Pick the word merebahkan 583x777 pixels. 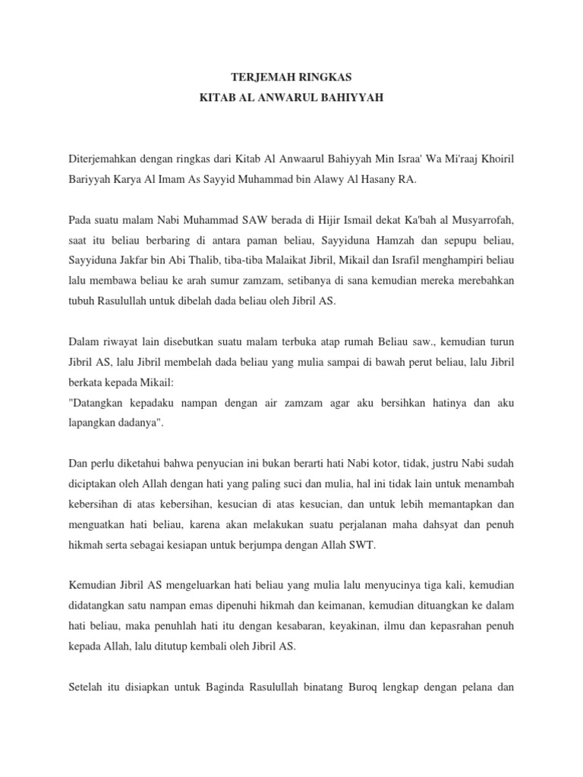tap(481, 280)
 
